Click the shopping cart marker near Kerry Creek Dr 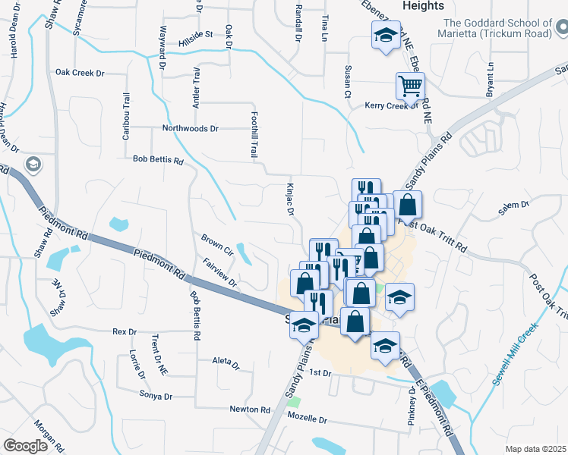(410, 86)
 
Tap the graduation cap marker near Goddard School (386, 34)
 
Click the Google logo (25, 446)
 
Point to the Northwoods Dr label (190, 129)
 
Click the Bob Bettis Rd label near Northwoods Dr (158, 160)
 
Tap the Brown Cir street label (216, 243)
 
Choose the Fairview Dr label (220, 274)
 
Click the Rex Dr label (124, 331)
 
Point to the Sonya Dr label (156, 395)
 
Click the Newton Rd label (250, 409)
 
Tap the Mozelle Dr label (306, 419)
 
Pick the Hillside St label (195, 35)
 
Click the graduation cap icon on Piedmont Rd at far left (33, 165)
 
